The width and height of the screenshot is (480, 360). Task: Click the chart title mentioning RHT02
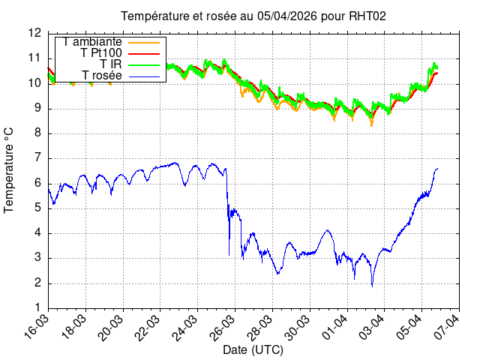253,16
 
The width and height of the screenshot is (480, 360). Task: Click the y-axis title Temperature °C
10,170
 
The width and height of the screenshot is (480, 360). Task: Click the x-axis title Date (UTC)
253,350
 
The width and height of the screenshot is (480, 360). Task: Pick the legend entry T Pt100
101,53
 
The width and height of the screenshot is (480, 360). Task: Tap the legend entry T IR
111,64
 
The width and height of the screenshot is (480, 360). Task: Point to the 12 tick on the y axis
34,33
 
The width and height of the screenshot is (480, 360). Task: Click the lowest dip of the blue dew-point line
372,286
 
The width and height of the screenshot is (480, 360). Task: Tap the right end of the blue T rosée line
437,169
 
